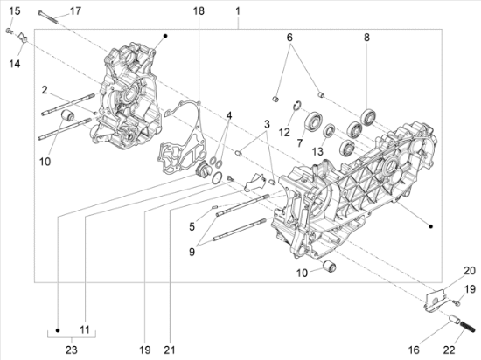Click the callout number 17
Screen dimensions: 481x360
click(75, 11)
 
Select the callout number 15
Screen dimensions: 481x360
click(14, 11)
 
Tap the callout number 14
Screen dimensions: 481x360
click(14, 64)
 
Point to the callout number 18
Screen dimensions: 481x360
click(199, 11)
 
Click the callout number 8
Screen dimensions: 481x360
click(367, 38)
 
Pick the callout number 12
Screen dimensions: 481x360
click(284, 132)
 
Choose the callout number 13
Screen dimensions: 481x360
click(317, 151)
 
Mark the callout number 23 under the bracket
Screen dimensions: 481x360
click(71, 350)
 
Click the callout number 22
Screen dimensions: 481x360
click(450, 350)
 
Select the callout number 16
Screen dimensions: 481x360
click(414, 350)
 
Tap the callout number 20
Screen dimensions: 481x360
click(470, 271)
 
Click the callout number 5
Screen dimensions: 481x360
click(192, 226)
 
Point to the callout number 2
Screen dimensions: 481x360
click(45, 90)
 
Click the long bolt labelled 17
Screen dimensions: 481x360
click(48, 17)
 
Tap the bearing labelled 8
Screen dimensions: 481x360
click(369, 116)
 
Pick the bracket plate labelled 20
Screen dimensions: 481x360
click(435, 299)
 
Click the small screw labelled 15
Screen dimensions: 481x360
click(9, 31)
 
